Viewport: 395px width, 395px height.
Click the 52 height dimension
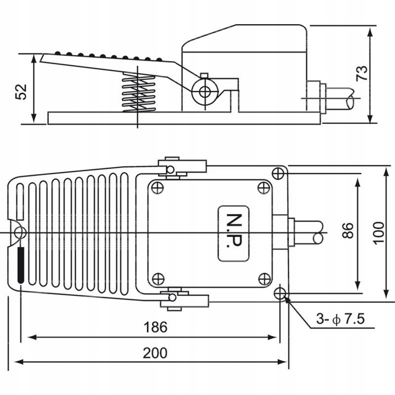click(21, 91)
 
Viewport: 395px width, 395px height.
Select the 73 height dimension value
click(362, 73)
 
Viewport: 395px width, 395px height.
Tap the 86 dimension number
click(348, 231)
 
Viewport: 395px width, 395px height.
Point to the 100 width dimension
click(378, 232)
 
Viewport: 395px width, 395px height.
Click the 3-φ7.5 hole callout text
click(341, 319)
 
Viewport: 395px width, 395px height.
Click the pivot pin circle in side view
click(203, 91)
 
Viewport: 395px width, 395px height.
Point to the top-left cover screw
click(158, 188)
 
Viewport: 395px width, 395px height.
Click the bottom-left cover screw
click(158, 278)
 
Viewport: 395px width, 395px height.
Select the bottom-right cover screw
click(264, 278)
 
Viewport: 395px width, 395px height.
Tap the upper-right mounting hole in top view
click(278, 173)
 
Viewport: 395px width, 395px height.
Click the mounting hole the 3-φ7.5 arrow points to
click(280, 293)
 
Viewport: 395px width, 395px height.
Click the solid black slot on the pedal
click(20, 265)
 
